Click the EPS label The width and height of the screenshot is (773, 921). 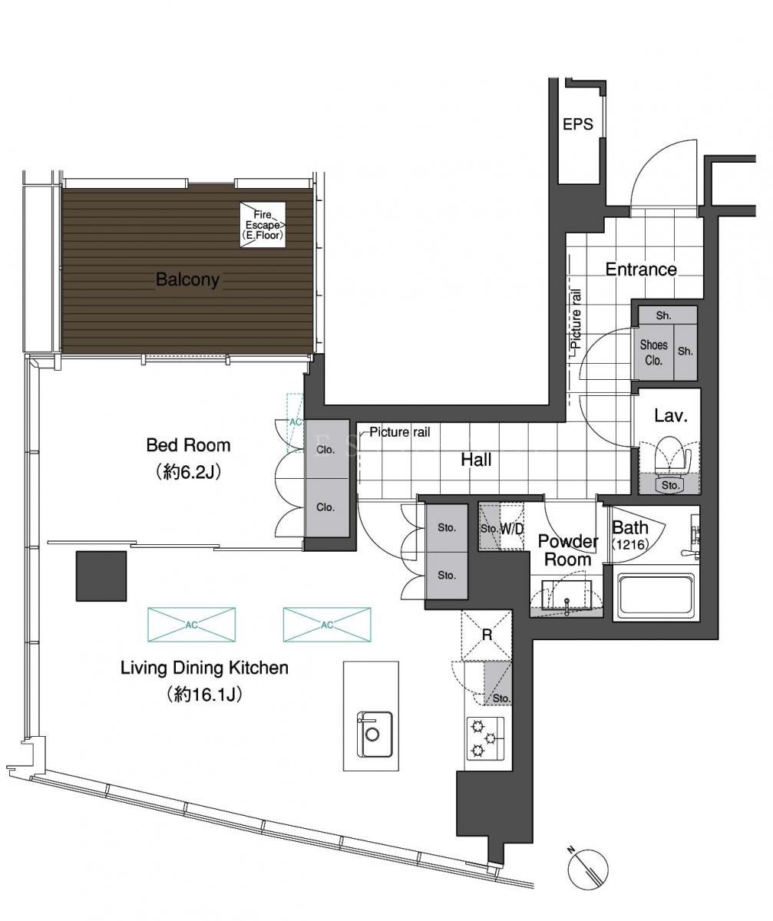[x=577, y=124]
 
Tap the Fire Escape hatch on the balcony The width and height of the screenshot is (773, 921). [x=263, y=225]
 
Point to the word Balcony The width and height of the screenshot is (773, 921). [x=187, y=279]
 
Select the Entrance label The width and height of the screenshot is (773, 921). [x=641, y=269]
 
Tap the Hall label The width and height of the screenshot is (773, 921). [x=476, y=460]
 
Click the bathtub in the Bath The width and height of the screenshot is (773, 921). [x=656, y=596]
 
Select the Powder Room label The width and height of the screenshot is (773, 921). [x=568, y=550]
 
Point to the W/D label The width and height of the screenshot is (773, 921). [x=512, y=529]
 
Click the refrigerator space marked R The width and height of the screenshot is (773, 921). [x=487, y=635]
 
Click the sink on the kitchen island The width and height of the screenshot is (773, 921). [x=374, y=734]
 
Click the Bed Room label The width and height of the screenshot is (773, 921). [x=188, y=445]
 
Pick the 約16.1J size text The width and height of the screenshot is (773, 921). [x=204, y=695]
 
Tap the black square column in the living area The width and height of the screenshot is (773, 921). [x=101, y=576]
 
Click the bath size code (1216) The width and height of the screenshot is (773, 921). [x=631, y=545]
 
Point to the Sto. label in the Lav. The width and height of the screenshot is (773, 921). [x=670, y=485]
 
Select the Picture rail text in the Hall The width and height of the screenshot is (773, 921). [x=400, y=432]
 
